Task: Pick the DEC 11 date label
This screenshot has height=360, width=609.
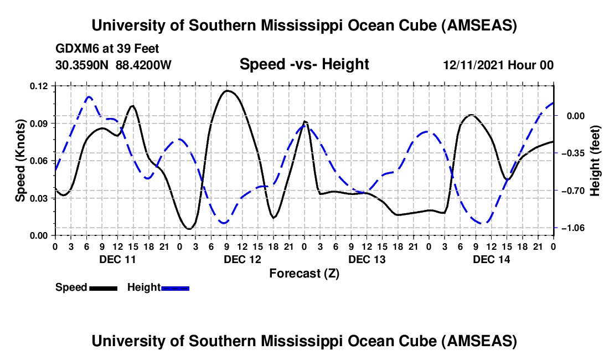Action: tap(117, 259)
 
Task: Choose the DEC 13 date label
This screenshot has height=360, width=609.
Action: tap(367, 259)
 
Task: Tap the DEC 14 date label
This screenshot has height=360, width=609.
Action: tap(492, 259)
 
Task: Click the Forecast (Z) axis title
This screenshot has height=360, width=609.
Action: tap(304, 273)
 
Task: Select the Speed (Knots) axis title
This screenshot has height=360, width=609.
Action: tap(20, 161)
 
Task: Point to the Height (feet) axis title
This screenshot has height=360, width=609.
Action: tap(595, 161)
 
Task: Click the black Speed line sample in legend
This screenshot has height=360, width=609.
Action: tap(102, 287)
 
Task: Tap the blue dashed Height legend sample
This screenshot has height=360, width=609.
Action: tap(175, 287)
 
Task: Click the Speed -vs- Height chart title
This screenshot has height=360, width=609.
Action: tap(304, 65)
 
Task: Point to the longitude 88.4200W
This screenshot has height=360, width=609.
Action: tap(144, 65)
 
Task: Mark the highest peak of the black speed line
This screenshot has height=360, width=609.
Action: tap(227, 90)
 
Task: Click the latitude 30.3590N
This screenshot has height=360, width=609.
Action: tap(82, 65)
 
